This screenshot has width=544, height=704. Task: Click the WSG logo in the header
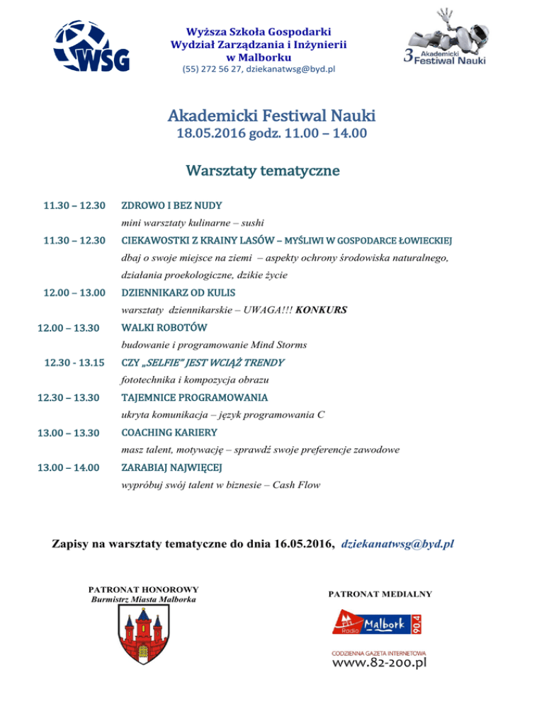tap(93, 46)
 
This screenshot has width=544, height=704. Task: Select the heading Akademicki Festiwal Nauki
tap(272, 115)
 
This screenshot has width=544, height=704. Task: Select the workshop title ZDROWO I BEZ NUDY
tap(171, 205)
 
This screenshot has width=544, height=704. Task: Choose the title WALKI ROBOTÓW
tap(164, 328)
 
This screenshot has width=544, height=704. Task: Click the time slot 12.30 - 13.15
tap(74, 363)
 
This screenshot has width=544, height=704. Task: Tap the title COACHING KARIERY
tap(169, 432)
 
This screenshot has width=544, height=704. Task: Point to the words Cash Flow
tap(302, 484)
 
